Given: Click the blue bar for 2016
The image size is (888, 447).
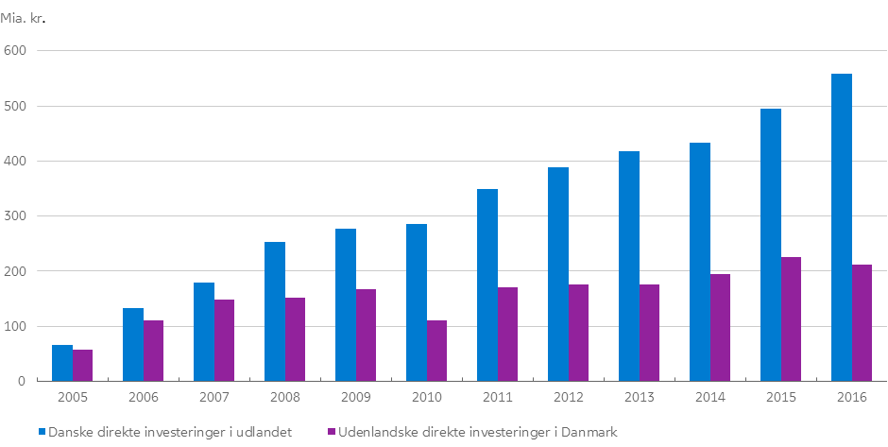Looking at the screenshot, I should (x=842, y=227).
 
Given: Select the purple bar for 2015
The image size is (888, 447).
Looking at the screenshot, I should (x=791, y=318).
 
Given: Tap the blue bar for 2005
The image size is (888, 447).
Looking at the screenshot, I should (x=62, y=363).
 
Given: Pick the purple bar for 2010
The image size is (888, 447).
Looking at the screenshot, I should (x=436, y=351).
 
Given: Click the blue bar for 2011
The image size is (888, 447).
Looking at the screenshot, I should (x=487, y=284).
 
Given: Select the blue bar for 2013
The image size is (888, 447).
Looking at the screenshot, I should (x=629, y=266).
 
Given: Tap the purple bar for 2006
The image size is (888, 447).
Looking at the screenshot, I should (x=153, y=351).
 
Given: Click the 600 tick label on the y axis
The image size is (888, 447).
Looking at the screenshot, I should (x=16, y=50).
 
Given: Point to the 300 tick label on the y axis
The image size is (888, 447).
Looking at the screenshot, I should (x=16, y=216).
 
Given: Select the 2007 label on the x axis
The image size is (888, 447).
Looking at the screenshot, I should (x=213, y=398).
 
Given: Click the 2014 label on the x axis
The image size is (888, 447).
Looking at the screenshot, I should (x=709, y=398).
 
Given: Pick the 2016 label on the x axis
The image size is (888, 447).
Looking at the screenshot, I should (x=851, y=398).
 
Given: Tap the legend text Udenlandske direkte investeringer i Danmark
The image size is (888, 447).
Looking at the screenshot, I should (x=478, y=432).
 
